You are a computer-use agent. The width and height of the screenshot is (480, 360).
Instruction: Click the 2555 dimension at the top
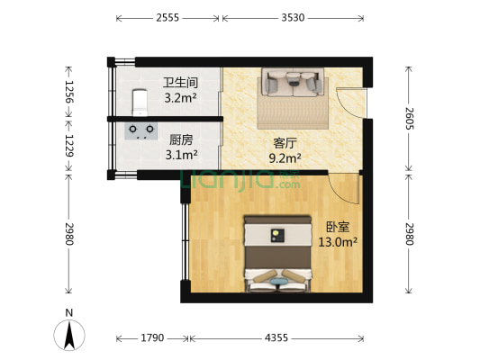click(x=168, y=18)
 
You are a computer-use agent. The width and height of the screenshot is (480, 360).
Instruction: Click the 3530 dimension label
click(x=293, y=18)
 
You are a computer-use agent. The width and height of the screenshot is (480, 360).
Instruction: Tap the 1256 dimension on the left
click(x=69, y=92)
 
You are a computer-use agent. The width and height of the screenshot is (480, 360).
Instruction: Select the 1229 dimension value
click(x=69, y=146)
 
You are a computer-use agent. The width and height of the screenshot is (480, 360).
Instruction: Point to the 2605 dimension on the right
click(x=409, y=119)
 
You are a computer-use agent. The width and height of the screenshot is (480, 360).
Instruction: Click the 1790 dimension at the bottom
click(x=152, y=337)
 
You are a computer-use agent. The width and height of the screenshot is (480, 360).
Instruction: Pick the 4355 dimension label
click(x=276, y=337)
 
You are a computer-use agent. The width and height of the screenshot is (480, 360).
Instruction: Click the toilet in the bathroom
click(x=140, y=103)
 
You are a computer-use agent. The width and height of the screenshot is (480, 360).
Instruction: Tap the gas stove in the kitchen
click(x=141, y=131)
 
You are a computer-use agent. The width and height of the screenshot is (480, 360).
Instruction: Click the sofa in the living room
click(x=293, y=82)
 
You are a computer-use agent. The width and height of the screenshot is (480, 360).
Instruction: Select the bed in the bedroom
click(x=277, y=254)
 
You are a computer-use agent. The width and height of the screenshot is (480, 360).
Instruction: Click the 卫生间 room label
click(x=180, y=83)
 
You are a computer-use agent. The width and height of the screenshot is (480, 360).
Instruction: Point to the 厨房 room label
click(x=181, y=140)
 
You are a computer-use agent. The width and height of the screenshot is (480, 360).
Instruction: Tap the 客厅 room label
click(x=285, y=143)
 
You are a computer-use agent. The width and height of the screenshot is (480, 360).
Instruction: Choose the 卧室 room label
click(x=338, y=227)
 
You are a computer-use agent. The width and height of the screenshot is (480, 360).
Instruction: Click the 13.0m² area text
click(x=338, y=242)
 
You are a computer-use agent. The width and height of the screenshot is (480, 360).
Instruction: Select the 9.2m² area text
click(x=285, y=158)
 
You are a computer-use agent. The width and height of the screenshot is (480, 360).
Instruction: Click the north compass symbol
click(x=69, y=335)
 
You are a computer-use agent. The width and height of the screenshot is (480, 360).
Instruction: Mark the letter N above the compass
click(x=69, y=313)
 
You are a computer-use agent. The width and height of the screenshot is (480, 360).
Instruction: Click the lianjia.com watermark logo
click(x=240, y=180)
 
